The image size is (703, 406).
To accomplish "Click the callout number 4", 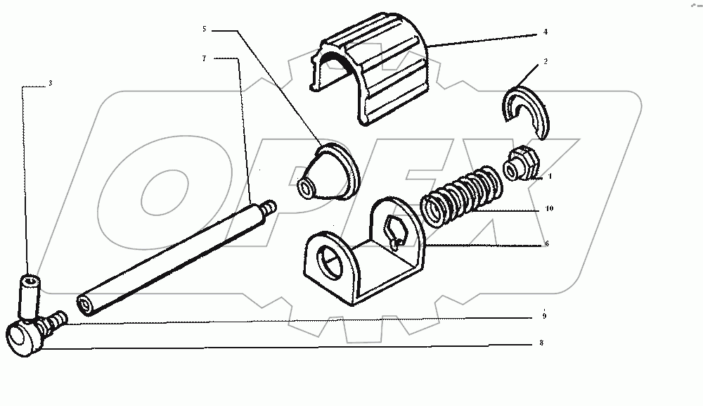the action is click(x=546, y=32).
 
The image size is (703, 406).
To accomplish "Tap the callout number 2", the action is click(x=546, y=61).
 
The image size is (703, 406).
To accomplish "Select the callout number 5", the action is click(x=205, y=29).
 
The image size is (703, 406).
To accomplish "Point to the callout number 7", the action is click(x=205, y=58).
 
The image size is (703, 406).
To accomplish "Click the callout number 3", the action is click(x=50, y=83).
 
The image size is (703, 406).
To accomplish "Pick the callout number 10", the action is click(x=549, y=208).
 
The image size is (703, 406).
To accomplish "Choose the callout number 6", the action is click(x=546, y=243).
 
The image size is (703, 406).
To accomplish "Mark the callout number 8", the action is click(x=541, y=343).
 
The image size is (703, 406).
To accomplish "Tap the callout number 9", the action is click(x=544, y=316).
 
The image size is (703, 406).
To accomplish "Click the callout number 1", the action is click(x=550, y=177).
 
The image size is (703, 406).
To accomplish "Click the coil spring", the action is click(x=461, y=195).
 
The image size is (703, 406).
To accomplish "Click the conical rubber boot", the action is click(x=328, y=172).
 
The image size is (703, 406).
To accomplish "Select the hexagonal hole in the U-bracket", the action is click(x=394, y=229).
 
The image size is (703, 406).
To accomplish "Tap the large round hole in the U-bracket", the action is click(x=330, y=263).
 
